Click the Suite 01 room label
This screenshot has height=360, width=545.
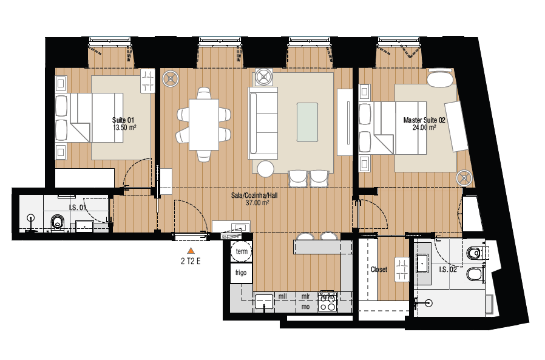coord(123,120)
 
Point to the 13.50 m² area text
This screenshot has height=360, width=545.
coord(123,128)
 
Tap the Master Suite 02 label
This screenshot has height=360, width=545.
coord(424,120)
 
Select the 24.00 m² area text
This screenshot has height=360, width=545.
coord(424,128)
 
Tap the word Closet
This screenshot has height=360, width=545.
coord(379,270)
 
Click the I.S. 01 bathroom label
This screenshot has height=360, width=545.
coord(78,208)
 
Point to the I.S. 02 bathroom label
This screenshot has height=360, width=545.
coord(449,269)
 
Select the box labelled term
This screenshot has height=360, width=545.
coord(242,251)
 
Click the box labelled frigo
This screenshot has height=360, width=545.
coord(242,273)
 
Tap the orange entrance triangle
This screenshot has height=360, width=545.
coord(191,250)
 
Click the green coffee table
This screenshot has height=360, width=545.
coord(307,122)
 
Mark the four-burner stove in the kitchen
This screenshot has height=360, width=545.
coord(328,302)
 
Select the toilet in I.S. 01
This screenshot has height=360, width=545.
coord(58,222)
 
